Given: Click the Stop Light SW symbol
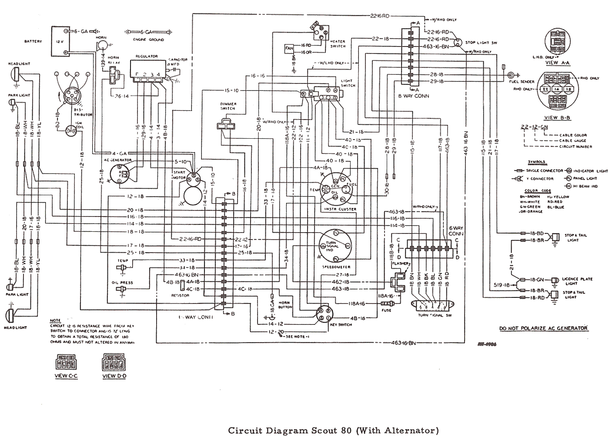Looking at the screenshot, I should point(457,43).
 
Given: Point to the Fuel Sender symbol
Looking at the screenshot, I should point(516,75).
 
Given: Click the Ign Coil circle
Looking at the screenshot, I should point(70,130).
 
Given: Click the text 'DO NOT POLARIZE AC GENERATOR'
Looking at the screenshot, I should point(543,328).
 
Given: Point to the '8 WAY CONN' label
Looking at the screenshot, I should point(413,96).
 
